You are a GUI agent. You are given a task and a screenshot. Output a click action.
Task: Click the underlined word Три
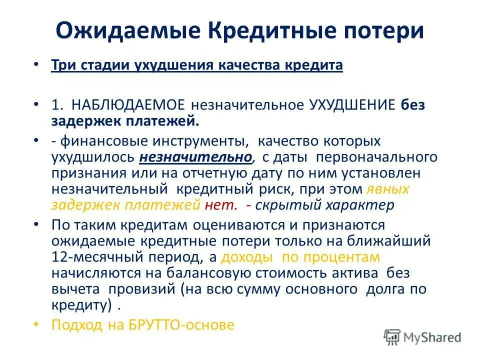click(61, 66)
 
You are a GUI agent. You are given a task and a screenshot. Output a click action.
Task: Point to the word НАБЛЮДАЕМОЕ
click(128, 105)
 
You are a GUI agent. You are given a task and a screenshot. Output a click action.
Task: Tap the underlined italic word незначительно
click(195, 157)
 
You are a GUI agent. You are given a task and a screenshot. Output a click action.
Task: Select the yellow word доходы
click(247, 257)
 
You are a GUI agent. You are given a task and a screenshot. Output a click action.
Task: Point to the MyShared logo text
click(432, 337)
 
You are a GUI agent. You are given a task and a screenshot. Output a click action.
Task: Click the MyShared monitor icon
click(392, 337)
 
